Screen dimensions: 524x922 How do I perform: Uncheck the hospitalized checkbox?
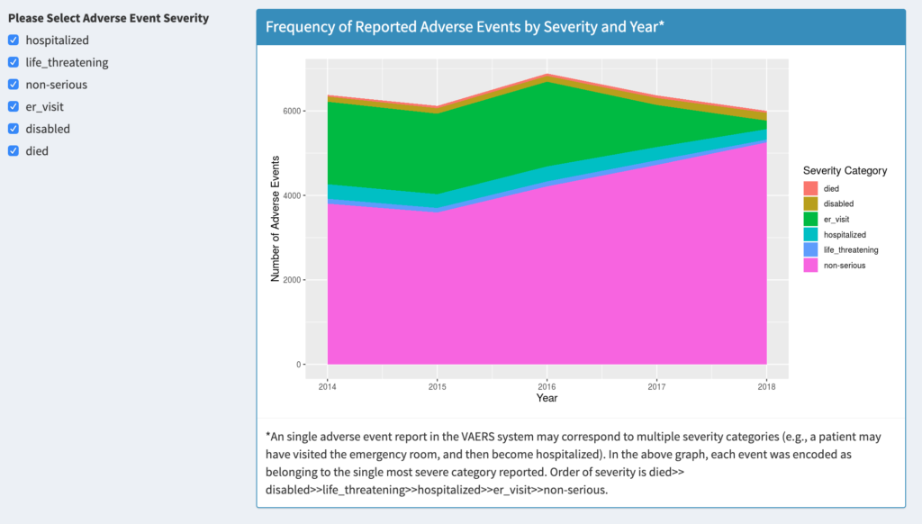coord(14,40)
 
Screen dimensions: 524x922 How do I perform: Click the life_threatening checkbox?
coord(14,62)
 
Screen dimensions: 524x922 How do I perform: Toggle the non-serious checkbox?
coord(14,84)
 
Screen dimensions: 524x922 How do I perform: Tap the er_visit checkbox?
coord(14,106)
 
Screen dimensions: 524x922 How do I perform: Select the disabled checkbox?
coord(14,129)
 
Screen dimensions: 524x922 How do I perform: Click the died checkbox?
coord(14,150)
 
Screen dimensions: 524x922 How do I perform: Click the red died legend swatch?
coord(810,188)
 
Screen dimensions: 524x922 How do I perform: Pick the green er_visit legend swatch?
coord(810,219)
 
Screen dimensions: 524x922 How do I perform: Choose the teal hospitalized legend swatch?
coord(810,234)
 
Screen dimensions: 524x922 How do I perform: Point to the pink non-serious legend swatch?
coord(810,265)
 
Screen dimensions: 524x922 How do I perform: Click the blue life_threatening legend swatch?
coord(810,249)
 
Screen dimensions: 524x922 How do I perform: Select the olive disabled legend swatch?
coord(810,203)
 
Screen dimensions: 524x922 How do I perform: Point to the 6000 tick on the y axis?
coord(289,111)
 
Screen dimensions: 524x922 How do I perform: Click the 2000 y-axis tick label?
coord(289,280)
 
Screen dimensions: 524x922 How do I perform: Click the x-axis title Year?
coord(547,398)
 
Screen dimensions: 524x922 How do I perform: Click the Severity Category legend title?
coord(845,170)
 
